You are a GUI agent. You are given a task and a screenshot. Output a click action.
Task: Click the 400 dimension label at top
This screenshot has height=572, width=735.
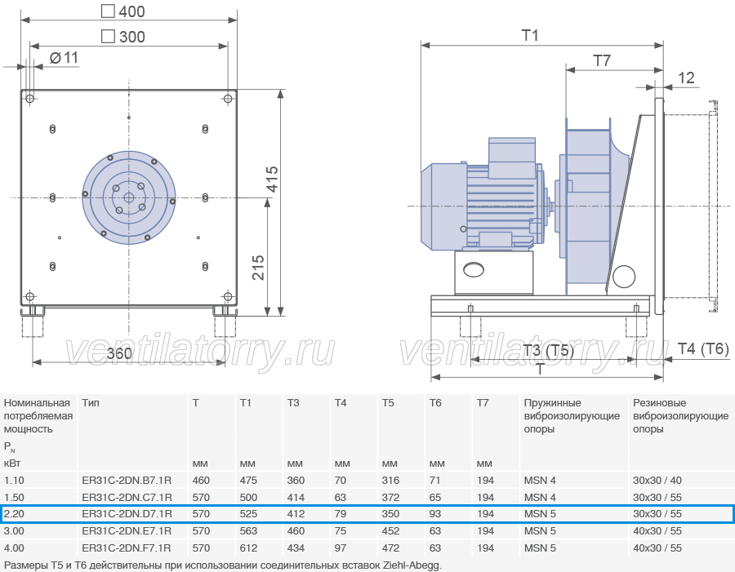click(131, 11)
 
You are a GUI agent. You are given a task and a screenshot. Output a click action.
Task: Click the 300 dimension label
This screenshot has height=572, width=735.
click(131, 37)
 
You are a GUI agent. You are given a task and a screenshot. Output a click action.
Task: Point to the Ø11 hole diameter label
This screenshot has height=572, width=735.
click(64, 58)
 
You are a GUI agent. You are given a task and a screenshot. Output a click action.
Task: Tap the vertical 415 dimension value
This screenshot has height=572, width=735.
click(272, 179)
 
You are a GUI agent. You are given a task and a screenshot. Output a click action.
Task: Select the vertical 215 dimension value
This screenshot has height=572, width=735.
click(258, 268)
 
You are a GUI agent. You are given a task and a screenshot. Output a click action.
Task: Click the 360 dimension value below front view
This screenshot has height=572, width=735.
click(119, 353)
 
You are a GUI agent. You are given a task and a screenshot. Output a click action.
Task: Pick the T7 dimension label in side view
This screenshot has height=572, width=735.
click(602, 60)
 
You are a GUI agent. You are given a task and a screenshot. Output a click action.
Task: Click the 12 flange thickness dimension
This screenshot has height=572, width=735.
click(686, 78)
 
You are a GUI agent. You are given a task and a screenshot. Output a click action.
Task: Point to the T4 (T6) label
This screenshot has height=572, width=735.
click(703, 348)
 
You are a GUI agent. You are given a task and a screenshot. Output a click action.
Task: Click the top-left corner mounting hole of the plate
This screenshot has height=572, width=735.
click(30, 99)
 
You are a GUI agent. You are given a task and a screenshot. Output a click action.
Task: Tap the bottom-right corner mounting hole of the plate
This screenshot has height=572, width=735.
click(228, 296)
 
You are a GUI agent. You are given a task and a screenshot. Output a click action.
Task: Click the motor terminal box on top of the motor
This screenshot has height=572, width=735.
click(512, 157)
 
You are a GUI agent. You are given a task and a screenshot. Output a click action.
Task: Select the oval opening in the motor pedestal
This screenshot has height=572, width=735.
click(474, 270)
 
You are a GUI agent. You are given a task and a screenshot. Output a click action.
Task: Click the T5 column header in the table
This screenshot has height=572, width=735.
click(388, 403)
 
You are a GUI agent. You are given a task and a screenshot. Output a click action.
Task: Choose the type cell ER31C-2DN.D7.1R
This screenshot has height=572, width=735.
click(127, 514)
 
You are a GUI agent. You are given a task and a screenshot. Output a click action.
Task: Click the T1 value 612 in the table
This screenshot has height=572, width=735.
click(248, 548)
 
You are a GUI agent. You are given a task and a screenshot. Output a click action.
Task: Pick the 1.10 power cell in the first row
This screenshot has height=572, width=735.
click(14, 480)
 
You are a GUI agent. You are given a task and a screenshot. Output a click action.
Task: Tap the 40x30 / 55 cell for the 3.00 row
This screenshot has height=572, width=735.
click(657, 530)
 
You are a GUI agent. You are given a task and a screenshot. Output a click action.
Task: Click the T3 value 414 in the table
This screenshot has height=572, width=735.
click(296, 497)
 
